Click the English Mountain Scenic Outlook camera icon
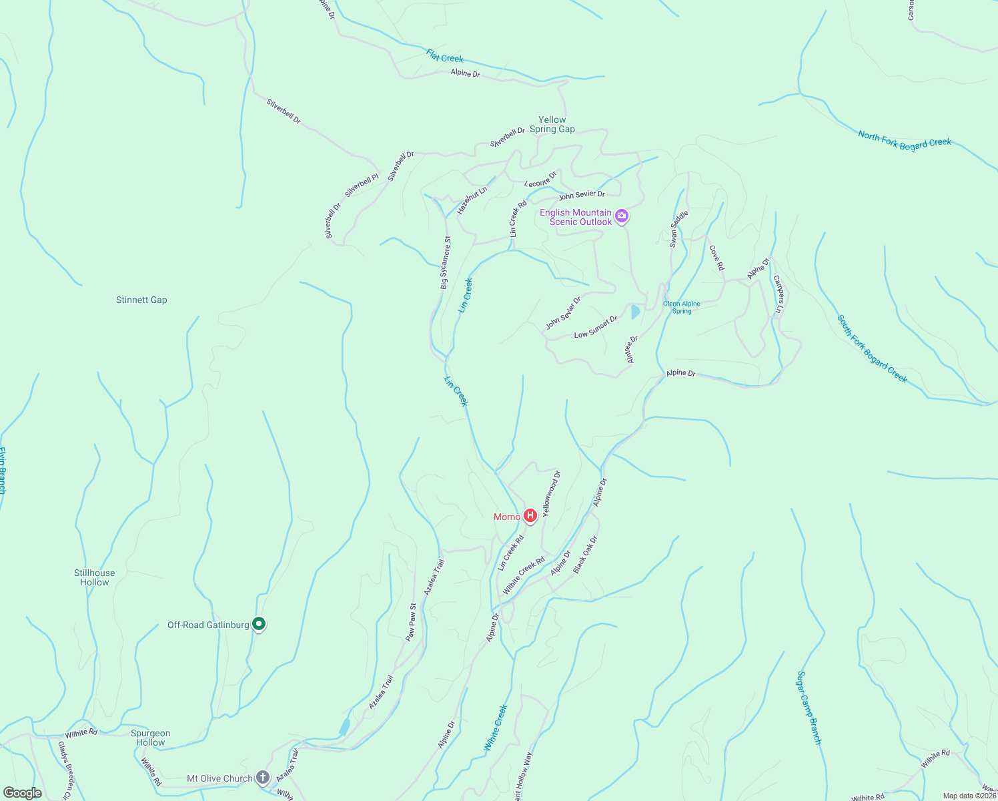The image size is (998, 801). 622,216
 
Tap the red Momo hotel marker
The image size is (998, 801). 530,515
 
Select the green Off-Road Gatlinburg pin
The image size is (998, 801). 259,624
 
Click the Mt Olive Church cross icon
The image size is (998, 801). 263,778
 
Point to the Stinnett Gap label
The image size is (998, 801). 141,300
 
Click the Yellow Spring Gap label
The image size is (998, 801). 552,125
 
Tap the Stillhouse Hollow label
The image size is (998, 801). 94,577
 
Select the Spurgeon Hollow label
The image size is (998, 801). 151,738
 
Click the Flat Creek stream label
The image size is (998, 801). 445,55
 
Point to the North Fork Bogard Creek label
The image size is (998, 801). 904,142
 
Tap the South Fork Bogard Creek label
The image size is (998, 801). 872,349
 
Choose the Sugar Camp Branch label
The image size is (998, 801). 809,708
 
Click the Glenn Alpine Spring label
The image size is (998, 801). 681,307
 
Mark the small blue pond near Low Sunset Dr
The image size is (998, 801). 635,312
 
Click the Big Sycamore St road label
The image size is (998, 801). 445,262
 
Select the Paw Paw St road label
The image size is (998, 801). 411,622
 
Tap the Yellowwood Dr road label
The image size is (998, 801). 552,493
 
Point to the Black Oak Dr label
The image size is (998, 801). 585,554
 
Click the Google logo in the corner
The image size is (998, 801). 22,793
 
